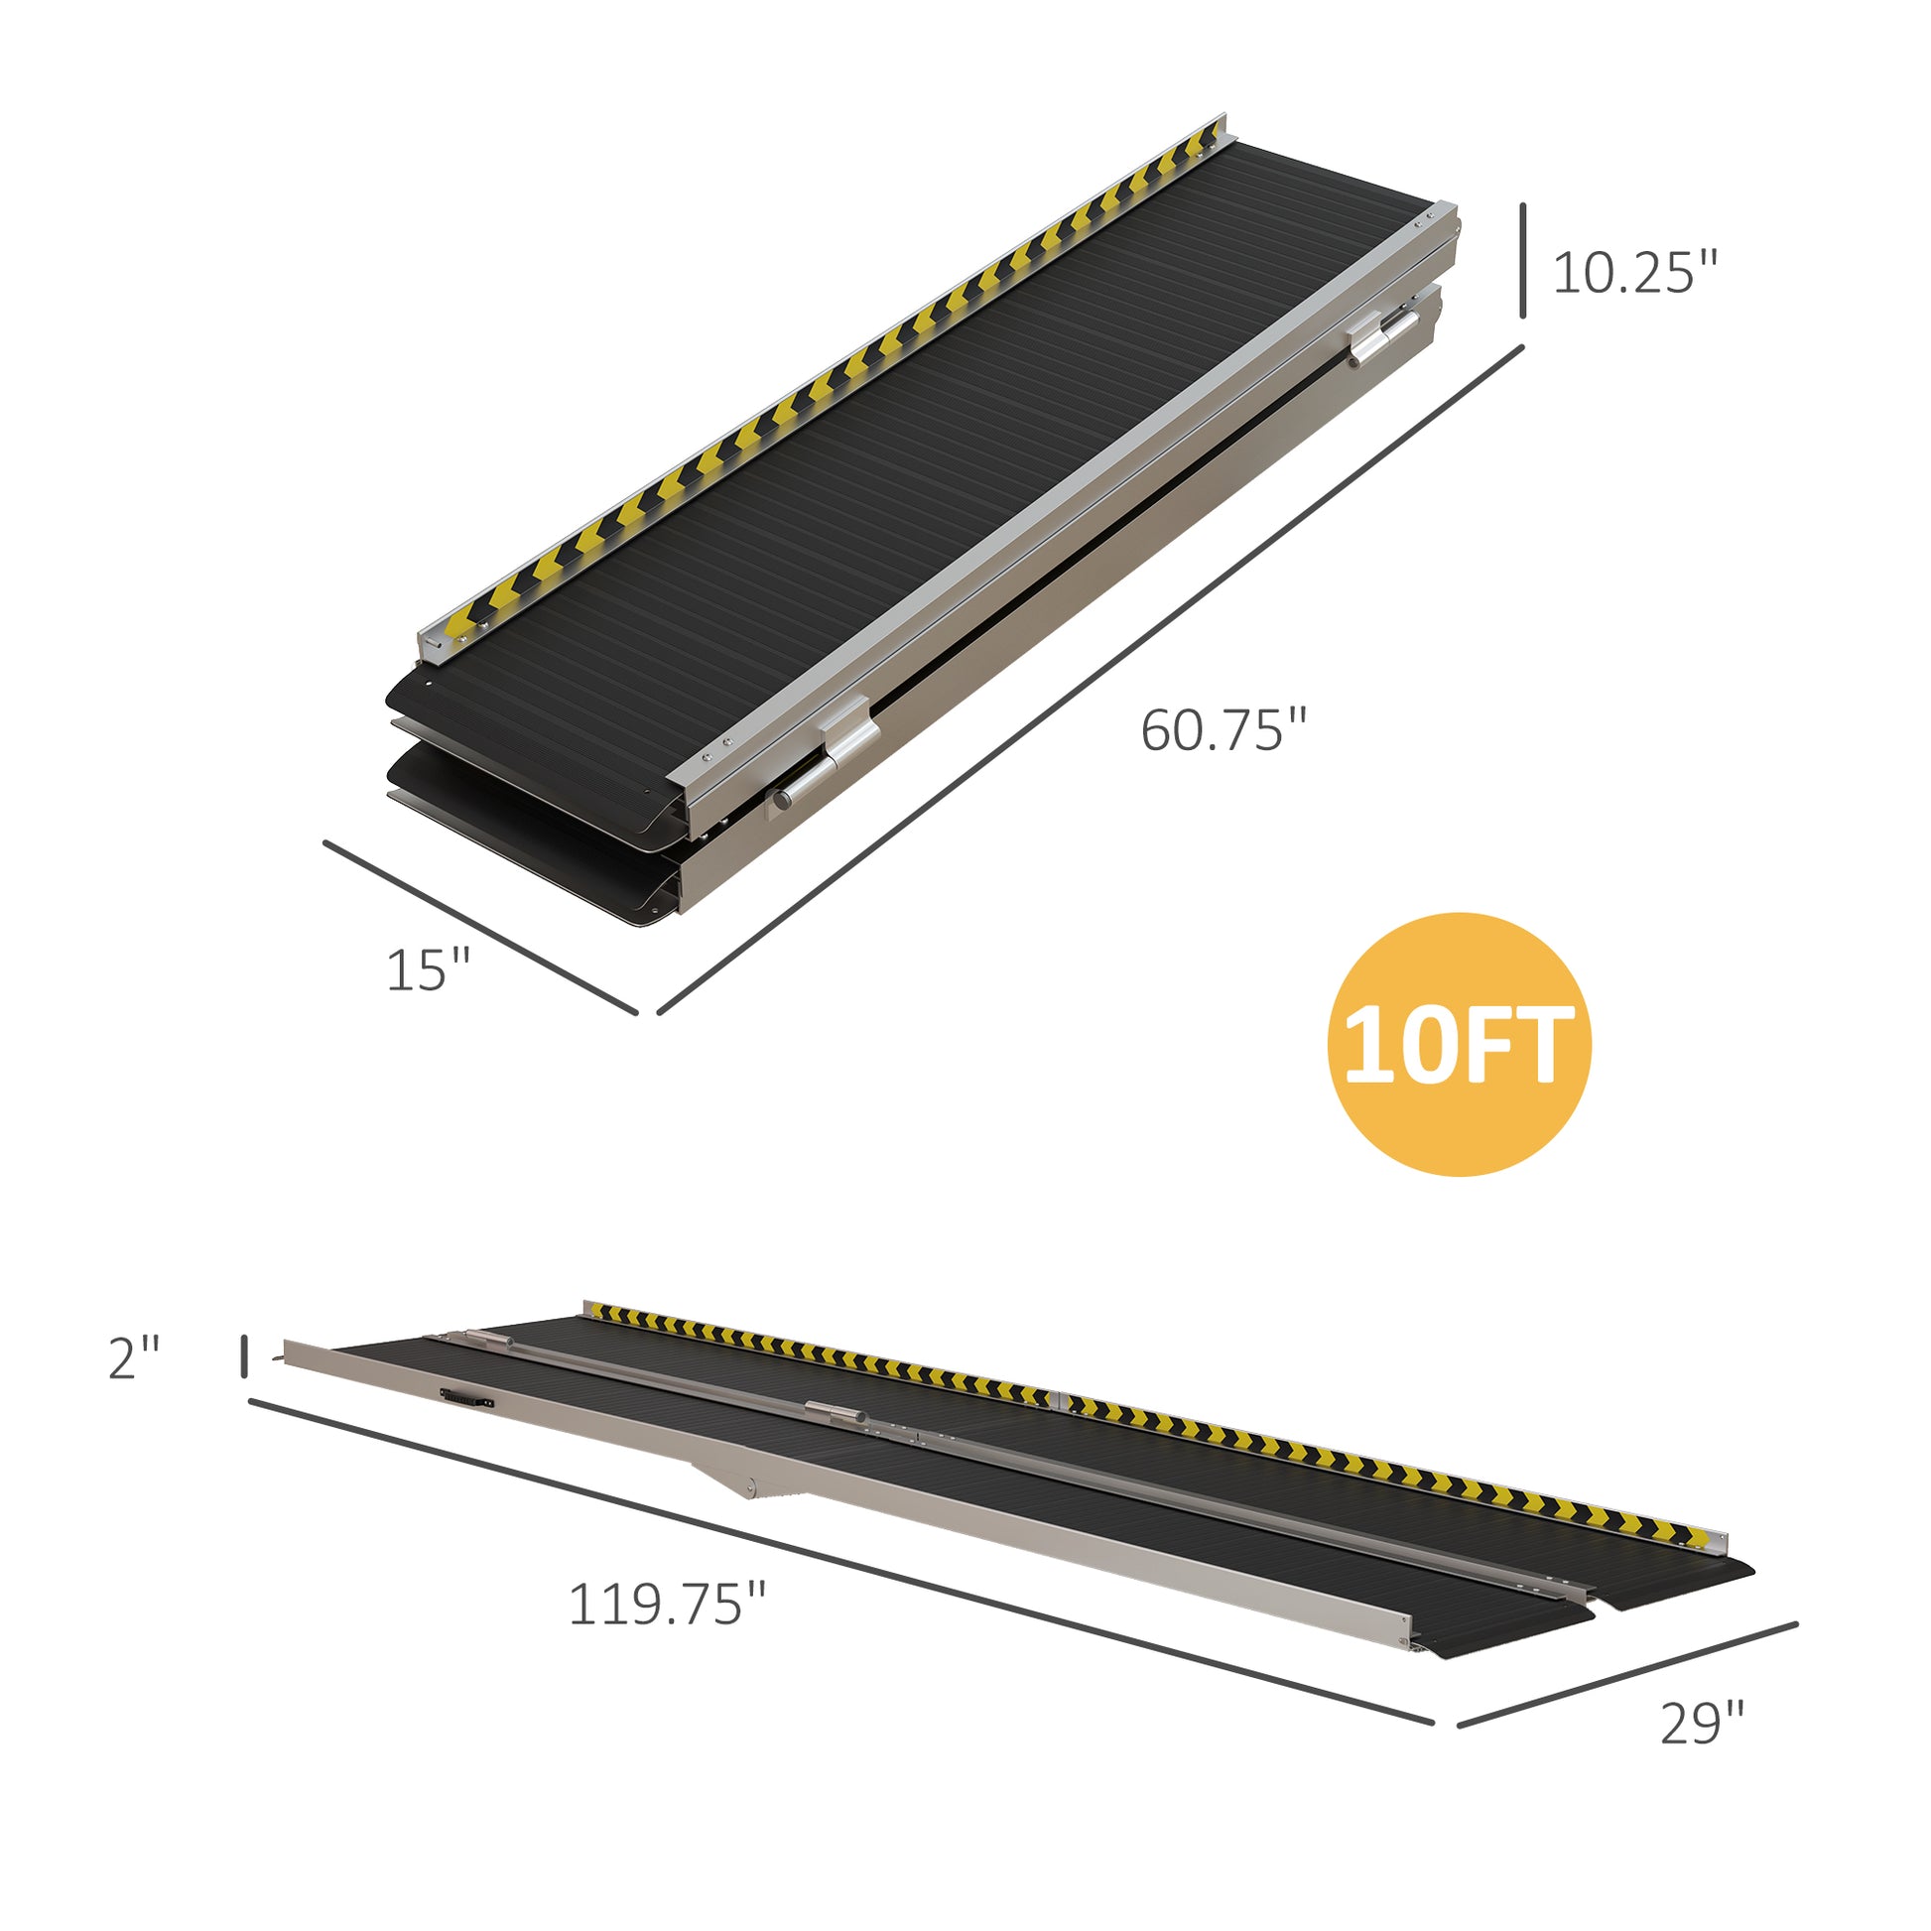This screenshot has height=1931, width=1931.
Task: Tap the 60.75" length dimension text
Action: click(1223, 730)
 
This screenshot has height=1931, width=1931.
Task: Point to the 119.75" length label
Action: click(667, 1606)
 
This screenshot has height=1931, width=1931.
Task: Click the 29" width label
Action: click(1702, 1752)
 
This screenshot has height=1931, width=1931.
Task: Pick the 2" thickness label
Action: click(134, 1358)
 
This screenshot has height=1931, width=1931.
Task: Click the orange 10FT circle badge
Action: click(1459, 1045)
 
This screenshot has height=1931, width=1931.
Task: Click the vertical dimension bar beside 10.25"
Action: click(1523, 261)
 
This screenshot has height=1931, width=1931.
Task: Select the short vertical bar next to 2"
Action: click(244, 1355)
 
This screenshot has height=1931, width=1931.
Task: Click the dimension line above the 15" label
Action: click(479, 927)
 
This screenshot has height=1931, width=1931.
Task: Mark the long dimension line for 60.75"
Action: click(1090, 680)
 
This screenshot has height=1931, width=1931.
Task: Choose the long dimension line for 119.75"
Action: click(839, 1561)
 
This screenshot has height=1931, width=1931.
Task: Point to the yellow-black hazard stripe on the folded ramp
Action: click(820, 385)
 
